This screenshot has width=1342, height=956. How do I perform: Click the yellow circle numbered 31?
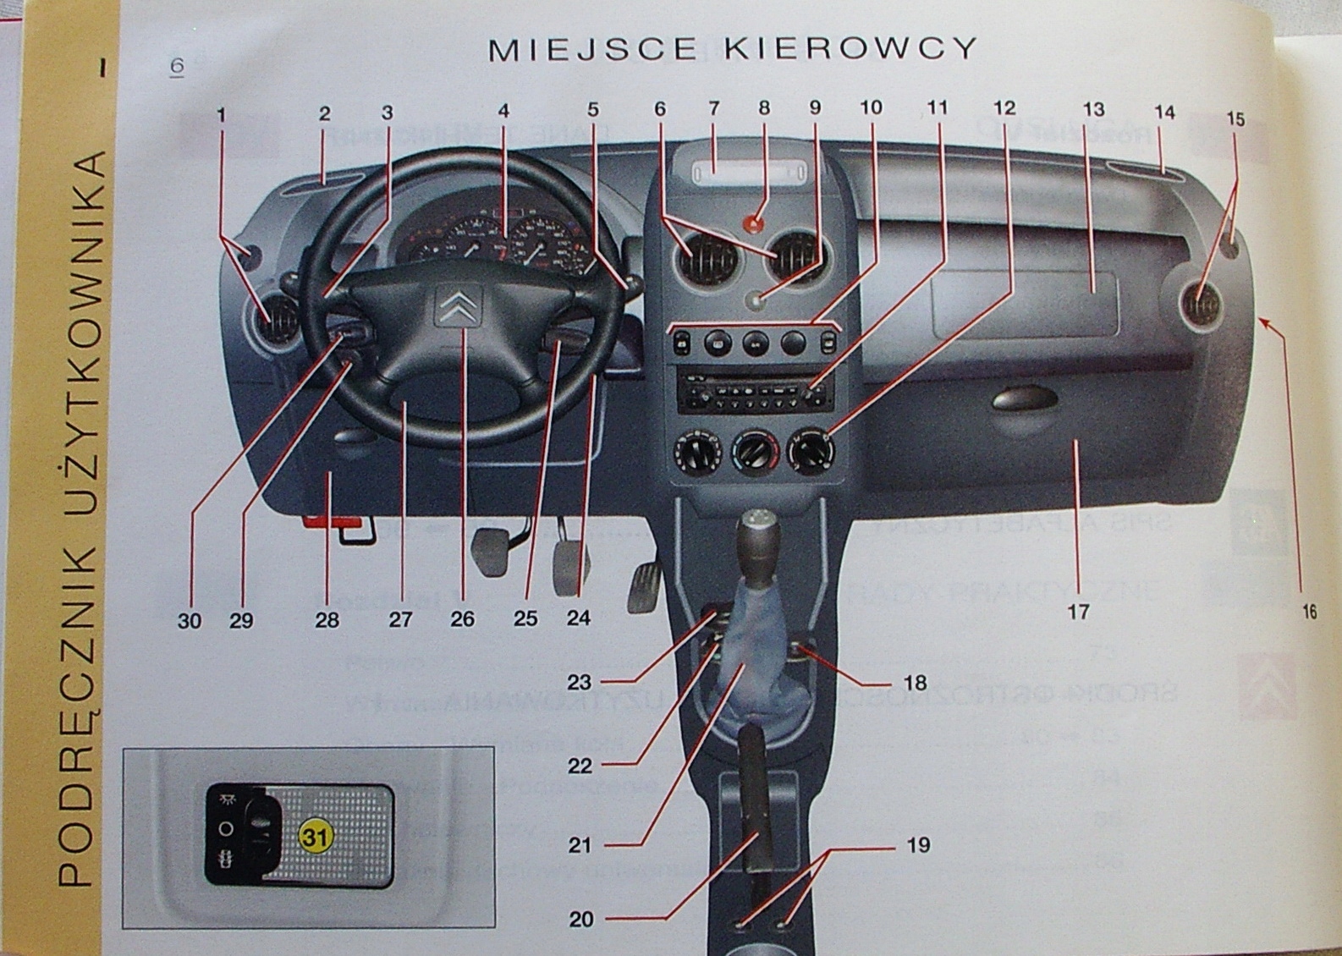pyautogui.click(x=316, y=837)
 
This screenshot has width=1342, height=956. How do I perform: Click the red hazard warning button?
pyautogui.click(x=755, y=223)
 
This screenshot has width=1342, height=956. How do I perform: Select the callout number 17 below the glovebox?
pyautogui.click(x=1078, y=611)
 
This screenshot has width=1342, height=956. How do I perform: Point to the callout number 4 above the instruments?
pyautogui.click(x=503, y=111)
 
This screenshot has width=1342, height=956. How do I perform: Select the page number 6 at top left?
pyautogui.click(x=177, y=66)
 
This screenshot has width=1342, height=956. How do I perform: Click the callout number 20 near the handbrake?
pyautogui.click(x=581, y=919)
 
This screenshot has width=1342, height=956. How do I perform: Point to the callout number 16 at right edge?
pyautogui.click(x=1308, y=612)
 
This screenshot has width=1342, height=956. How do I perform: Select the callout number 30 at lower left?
pyautogui.click(x=190, y=620)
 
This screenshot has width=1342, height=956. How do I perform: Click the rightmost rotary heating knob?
pyautogui.click(x=811, y=451)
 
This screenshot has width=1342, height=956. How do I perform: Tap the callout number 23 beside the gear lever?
pyautogui.click(x=580, y=682)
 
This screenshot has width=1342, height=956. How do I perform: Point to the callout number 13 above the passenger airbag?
pyautogui.click(x=1093, y=110)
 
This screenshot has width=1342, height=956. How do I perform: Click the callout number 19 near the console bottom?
pyautogui.click(x=918, y=844)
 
